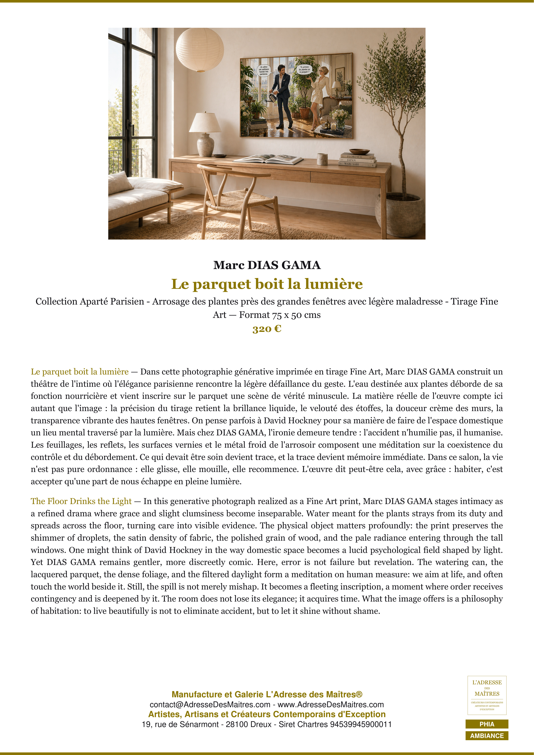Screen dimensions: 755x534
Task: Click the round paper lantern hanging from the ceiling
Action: tap(200, 49)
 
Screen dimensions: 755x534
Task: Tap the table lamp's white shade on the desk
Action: tap(205, 122)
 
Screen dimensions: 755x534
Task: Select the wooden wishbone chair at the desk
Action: tap(232, 194)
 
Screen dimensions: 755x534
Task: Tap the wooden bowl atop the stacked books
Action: tap(359, 152)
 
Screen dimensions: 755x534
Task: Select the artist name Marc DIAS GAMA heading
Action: tap(267, 265)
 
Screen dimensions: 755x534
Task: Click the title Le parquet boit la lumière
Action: tap(267, 284)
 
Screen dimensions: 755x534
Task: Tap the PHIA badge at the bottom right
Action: tap(487, 724)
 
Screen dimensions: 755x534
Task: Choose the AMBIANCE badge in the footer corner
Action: tap(487, 736)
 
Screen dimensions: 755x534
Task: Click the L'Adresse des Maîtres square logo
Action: tap(487, 695)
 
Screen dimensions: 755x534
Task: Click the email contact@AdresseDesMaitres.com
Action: tap(210, 705)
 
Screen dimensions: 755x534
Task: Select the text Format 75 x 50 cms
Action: tap(280, 315)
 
